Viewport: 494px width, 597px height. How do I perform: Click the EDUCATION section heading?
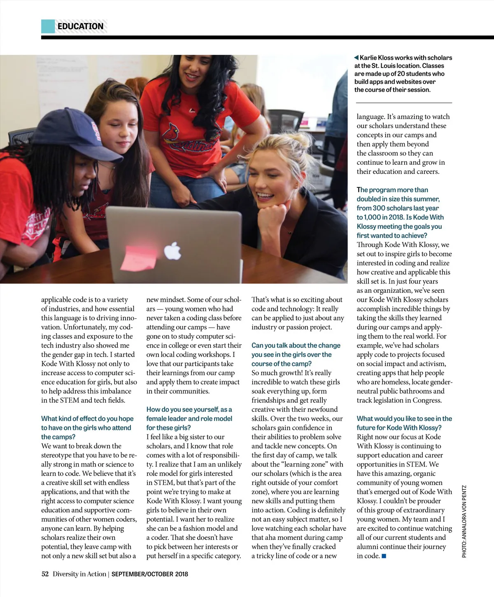[81, 26]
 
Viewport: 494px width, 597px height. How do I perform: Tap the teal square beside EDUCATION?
[48, 26]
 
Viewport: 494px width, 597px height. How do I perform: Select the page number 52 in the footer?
[45, 574]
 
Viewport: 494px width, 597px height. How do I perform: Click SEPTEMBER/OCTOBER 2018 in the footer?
[150, 574]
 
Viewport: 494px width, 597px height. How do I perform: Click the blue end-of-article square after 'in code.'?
[384, 556]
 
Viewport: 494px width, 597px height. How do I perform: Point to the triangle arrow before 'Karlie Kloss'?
[357, 58]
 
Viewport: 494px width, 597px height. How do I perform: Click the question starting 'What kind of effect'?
[87, 427]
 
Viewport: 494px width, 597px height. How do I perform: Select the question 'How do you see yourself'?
[189, 418]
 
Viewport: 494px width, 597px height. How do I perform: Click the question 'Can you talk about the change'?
[296, 354]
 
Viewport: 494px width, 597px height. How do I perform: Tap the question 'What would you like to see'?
[404, 423]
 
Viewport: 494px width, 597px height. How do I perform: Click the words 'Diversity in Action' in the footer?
[79, 574]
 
